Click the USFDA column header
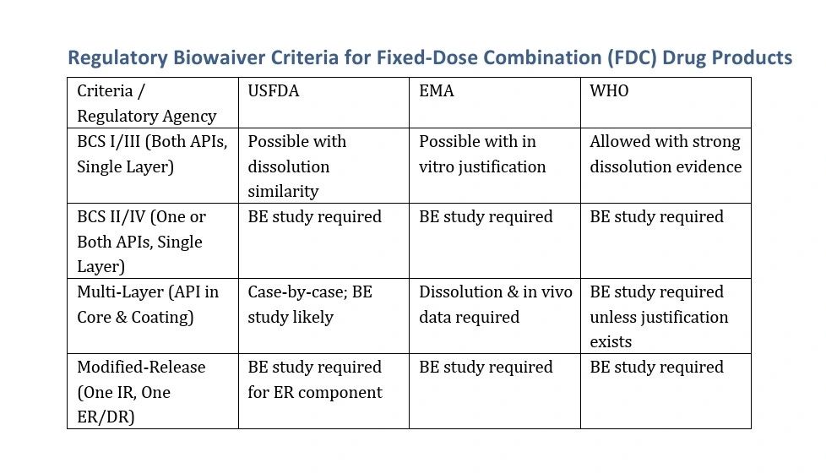point(274,90)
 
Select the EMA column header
point(436,90)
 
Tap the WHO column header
point(609,90)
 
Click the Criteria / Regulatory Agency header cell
point(147,103)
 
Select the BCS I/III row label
point(152,154)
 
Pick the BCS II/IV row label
point(142,242)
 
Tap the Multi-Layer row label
point(148,304)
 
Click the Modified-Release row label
point(141,392)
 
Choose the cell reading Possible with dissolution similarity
point(297,166)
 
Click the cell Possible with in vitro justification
point(482,154)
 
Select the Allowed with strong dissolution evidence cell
point(666,154)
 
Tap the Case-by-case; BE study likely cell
point(310,304)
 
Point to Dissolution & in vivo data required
point(496,304)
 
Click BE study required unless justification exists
point(659,316)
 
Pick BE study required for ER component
point(315,379)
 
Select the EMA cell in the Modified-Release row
point(486,367)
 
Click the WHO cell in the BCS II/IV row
point(656,216)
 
